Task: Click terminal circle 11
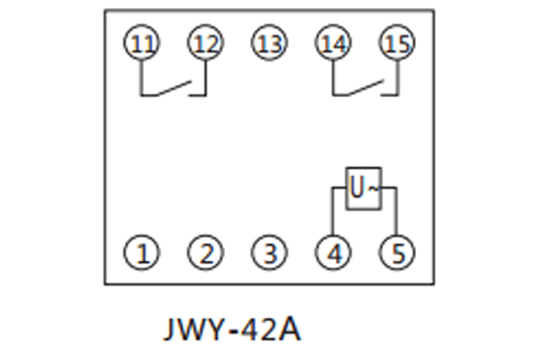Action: click(141, 43)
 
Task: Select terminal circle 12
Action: click(204, 43)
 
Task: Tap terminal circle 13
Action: click(268, 43)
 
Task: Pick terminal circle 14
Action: click(333, 43)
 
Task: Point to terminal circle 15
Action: click(397, 43)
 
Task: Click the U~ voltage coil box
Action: click(364, 188)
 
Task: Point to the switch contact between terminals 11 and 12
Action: click(174, 88)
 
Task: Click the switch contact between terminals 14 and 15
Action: click(365, 88)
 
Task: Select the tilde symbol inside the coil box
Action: click(375, 188)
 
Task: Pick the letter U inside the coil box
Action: click(357, 188)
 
